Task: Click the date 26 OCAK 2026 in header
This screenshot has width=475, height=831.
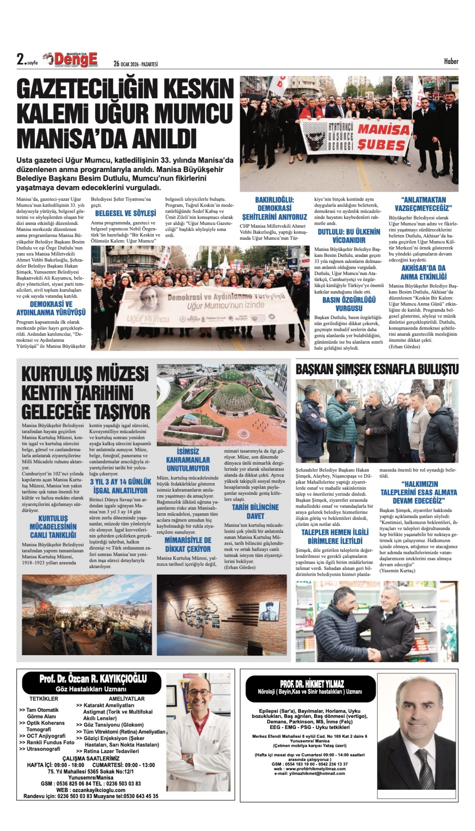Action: pyautogui.click(x=135, y=64)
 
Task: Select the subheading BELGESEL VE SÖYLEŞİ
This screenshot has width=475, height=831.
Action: pyautogui.click(x=125, y=213)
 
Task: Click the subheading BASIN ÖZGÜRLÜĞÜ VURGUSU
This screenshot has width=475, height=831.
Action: pyautogui.click(x=349, y=304)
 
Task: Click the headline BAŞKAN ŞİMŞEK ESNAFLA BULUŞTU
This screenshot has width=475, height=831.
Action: pyautogui.click(x=377, y=370)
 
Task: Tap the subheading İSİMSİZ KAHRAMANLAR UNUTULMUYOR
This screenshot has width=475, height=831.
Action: pyautogui.click(x=188, y=460)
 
